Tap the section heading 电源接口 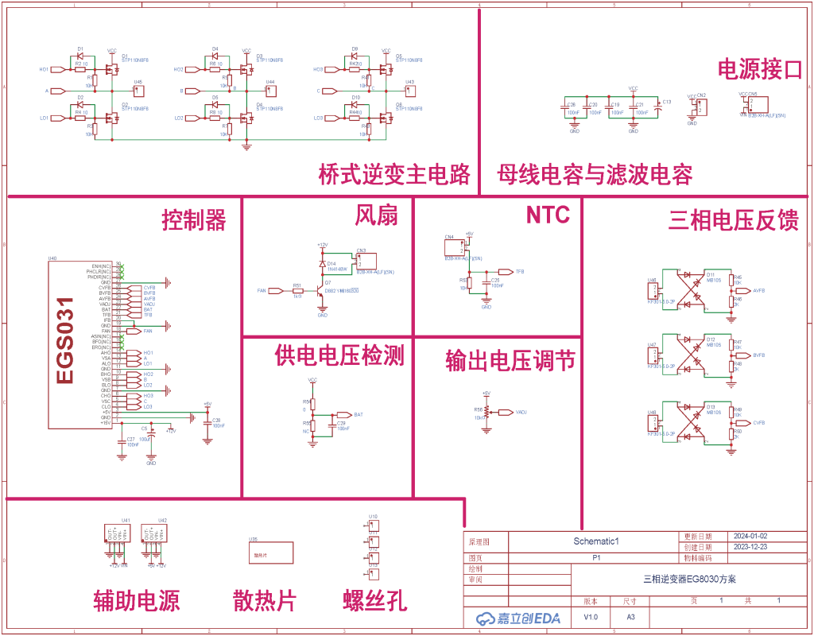pyautogui.click(x=759, y=69)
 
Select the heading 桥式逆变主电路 pyautogui.click(x=394, y=173)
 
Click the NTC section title pyautogui.click(x=548, y=215)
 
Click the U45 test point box pyautogui.click(x=138, y=89)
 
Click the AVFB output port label pyautogui.click(x=758, y=290)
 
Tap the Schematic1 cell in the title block pyautogui.click(x=596, y=541)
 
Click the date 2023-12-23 pyautogui.click(x=750, y=548)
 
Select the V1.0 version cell pyautogui.click(x=591, y=617)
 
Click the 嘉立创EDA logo pyautogui.click(x=517, y=618)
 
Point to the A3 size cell pyautogui.click(x=630, y=617)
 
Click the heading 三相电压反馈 pyautogui.click(x=733, y=221)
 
